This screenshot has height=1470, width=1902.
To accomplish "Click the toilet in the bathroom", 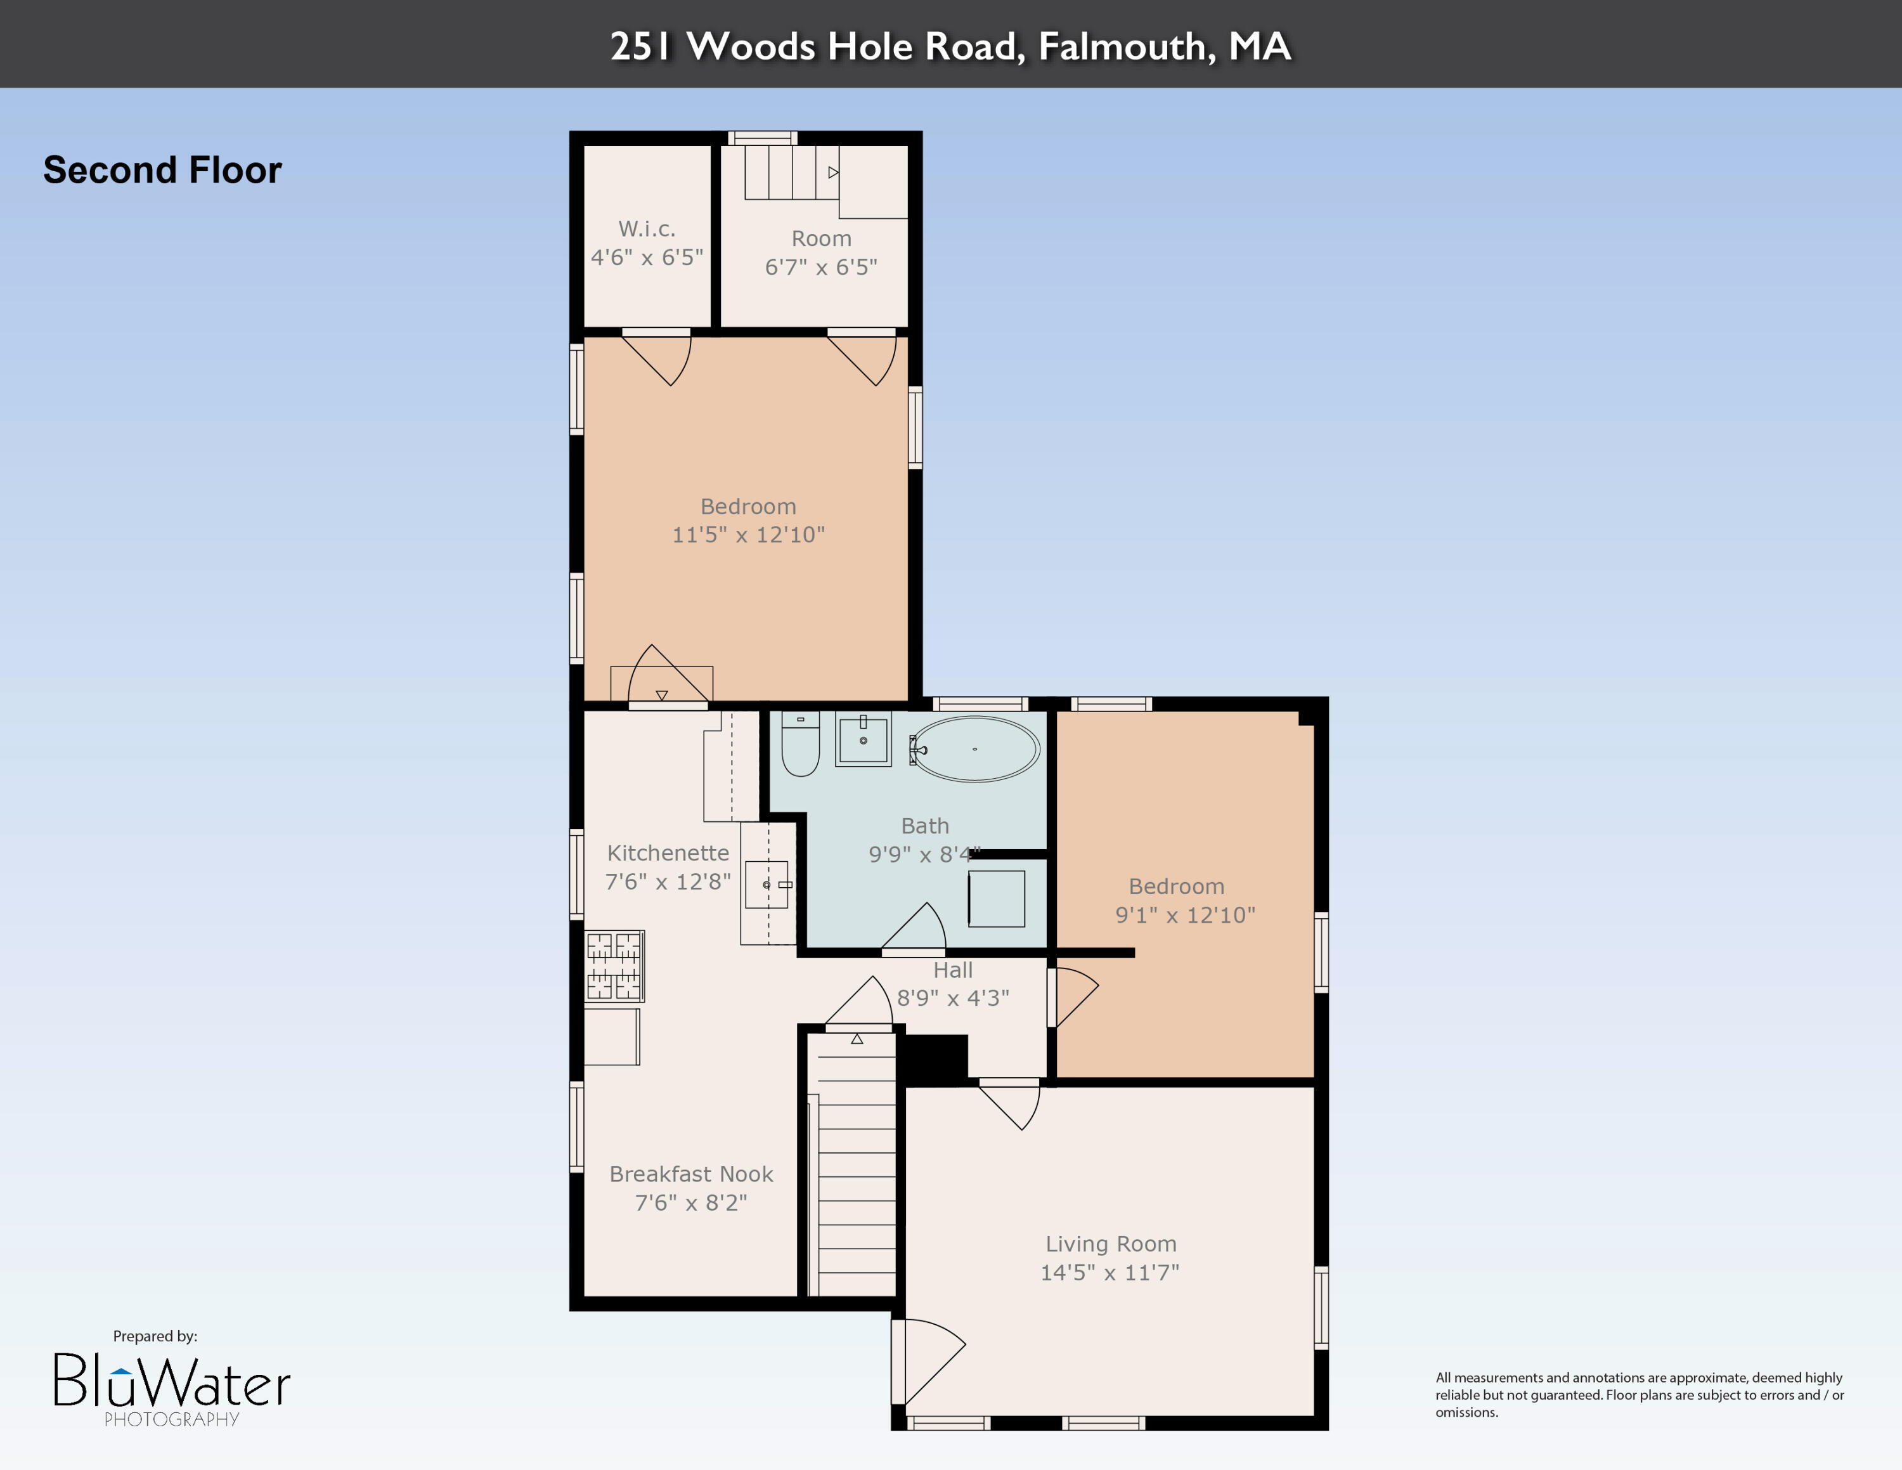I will (800, 745).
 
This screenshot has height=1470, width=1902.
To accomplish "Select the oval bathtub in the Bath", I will (975, 749).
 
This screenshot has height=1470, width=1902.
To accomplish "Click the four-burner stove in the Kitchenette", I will (614, 966).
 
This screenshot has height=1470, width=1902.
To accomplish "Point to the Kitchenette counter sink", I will (767, 885).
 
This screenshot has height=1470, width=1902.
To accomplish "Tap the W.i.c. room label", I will (646, 229).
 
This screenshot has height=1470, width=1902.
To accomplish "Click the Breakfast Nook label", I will (690, 1174).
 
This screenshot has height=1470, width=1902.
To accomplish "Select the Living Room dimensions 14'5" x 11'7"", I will (1109, 1272).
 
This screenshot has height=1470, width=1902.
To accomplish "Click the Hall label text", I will (953, 970).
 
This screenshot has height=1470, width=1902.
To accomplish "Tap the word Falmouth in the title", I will (1126, 46).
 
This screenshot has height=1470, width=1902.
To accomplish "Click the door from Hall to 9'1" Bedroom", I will (1072, 996).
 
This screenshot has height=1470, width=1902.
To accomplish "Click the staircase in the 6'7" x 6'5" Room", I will (791, 172).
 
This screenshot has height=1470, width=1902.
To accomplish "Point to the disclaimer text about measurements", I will (1639, 1395).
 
